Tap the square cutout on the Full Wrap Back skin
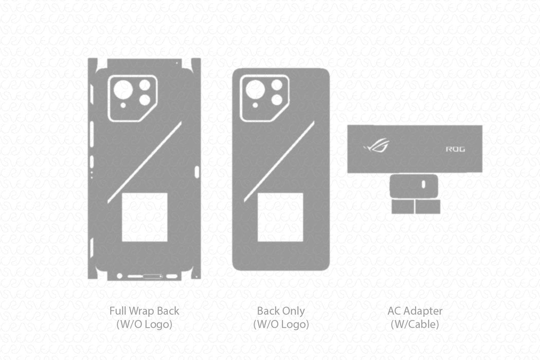tap(145, 217)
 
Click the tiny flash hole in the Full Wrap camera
tap(123, 105)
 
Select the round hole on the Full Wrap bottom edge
tap(120, 276)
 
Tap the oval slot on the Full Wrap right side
tap(198, 171)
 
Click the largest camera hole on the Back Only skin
tap(255, 90)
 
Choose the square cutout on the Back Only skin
tap(280, 217)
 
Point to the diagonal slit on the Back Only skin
tap(279, 161)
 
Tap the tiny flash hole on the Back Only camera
tap(255, 105)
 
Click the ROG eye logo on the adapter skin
tap(376, 146)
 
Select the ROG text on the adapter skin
tap(455, 149)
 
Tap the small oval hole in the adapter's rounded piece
tap(423, 184)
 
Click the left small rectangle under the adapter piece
tap(403, 207)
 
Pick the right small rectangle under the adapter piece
tap(428, 207)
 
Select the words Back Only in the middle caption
tap(281, 311)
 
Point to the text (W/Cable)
tap(415, 325)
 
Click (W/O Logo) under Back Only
tap(281, 325)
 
